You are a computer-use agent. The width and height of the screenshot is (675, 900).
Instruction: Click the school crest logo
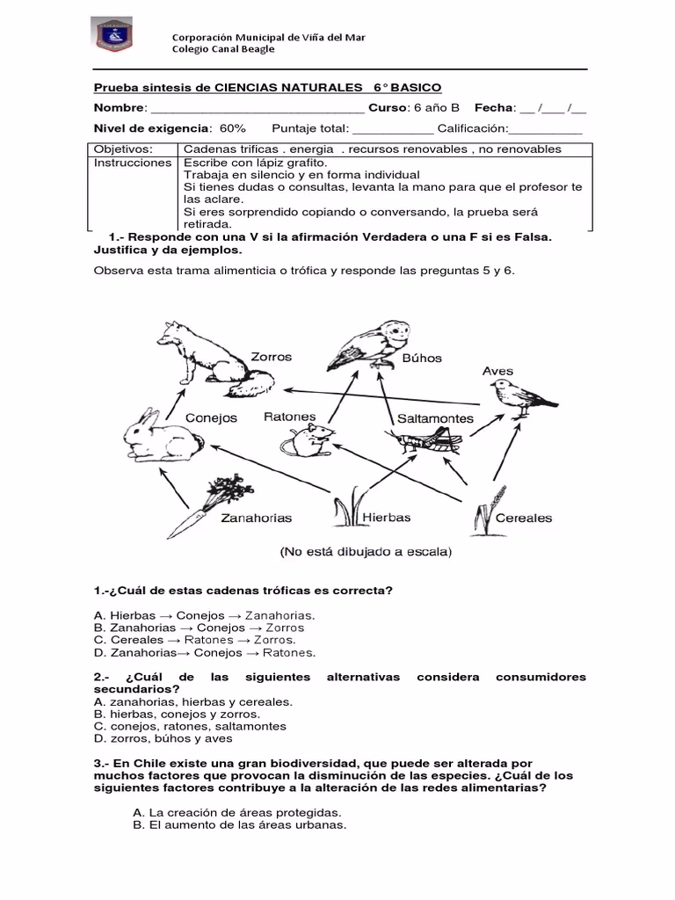coord(114,36)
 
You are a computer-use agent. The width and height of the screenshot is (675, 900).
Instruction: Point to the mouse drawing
coord(312,440)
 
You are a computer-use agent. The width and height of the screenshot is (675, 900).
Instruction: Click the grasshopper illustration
coord(429,440)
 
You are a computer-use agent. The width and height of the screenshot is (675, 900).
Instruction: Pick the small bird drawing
coord(519,396)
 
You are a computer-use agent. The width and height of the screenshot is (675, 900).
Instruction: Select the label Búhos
coord(422,359)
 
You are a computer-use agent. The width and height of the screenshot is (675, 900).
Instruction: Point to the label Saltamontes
coord(435,418)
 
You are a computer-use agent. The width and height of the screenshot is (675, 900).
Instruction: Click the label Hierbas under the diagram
coord(387,518)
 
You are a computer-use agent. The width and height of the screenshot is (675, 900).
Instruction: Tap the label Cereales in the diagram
coord(524,518)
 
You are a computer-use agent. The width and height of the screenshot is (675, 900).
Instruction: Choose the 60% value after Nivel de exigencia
coord(233,128)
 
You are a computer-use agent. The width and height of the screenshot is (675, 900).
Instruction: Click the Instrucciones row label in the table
coord(133,163)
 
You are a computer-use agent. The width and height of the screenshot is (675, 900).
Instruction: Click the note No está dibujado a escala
coord(365,553)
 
